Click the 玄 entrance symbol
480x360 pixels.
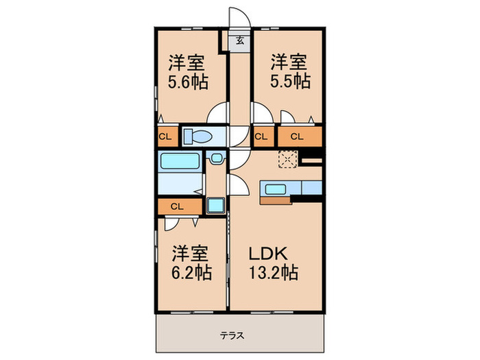pyautogui.click(x=241, y=40)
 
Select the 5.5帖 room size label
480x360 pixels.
pyautogui.click(x=289, y=81)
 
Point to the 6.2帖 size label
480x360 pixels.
pyautogui.click(x=191, y=273)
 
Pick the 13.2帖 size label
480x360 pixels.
pyautogui.click(x=273, y=273)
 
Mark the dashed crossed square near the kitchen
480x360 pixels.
pyautogui.click(x=286, y=159)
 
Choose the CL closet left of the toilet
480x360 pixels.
pyautogui.click(x=166, y=136)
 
